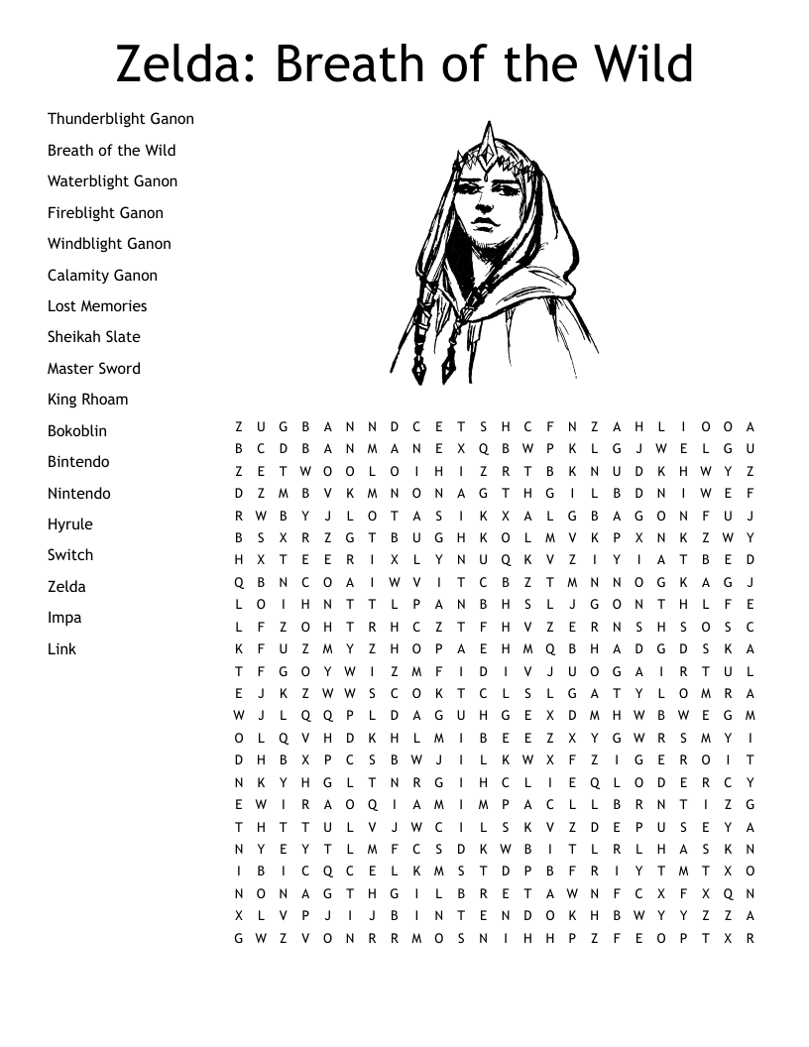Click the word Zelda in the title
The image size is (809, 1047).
(x=180, y=63)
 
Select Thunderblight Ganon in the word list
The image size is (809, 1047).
(x=121, y=119)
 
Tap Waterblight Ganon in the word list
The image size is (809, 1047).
(x=112, y=181)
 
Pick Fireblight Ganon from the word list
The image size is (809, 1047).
(x=105, y=213)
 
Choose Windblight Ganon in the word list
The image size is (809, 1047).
(x=109, y=244)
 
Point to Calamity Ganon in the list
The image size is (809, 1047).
(x=102, y=276)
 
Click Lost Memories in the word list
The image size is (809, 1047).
(x=97, y=306)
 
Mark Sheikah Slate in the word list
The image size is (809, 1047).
(x=94, y=337)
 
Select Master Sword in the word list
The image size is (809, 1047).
(x=94, y=369)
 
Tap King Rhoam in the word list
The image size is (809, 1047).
(x=87, y=400)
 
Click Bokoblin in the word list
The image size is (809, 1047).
(x=77, y=431)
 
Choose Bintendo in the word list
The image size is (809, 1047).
(x=78, y=462)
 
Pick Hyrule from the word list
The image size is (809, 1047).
(x=69, y=524)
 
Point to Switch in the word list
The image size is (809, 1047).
(x=70, y=555)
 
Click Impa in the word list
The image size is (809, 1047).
(x=64, y=618)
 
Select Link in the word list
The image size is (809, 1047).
(x=61, y=649)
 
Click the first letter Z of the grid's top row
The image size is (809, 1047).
(x=239, y=427)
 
